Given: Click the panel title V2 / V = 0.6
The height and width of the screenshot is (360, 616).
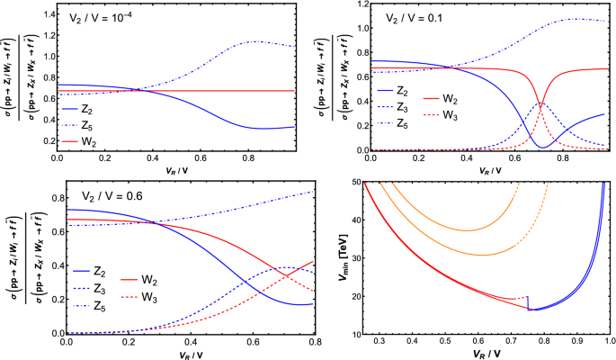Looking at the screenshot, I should pos(104,194).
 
